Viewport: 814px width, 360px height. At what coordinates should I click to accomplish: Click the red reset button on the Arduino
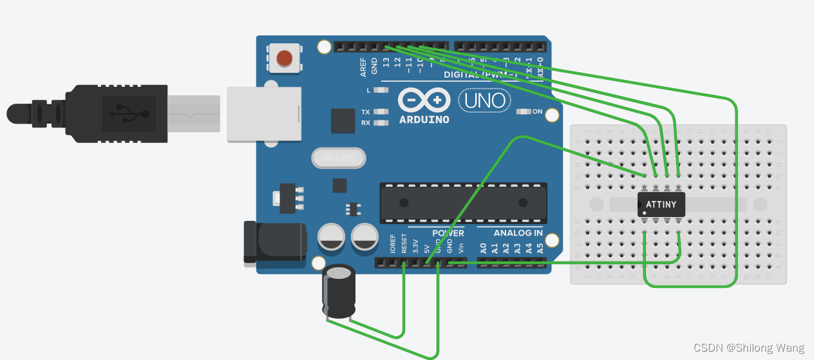pyautogui.click(x=283, y=59)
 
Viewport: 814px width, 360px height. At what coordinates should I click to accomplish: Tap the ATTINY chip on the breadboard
pyautogui.click(x=661, y=204)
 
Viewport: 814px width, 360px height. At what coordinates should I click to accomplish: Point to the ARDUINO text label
pyautogui.click(x=424, y=119)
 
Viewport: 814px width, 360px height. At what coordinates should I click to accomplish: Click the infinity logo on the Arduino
pyautogui.click(x=423, y=100)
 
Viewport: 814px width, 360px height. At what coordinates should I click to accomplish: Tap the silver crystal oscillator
pyautogui.click(x=337, y=158)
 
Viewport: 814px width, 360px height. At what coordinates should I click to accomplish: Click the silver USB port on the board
pyautogui.click(x=264, y=114)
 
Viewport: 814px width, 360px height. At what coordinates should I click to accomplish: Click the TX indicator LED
pyautogui.click(x=382, y=111)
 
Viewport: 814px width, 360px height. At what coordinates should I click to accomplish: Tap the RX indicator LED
pyautogui.click(x=382, y=122)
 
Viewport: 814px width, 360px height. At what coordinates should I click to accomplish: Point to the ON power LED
pyautogui.click(x=523, y=111)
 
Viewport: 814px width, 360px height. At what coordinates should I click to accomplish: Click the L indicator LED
pyautogui.click(x=382, y=90)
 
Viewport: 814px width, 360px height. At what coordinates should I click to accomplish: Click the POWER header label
pyautogui.click(x=448, y=233)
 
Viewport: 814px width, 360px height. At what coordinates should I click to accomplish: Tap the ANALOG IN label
pyautogui.click(x=518, y=233)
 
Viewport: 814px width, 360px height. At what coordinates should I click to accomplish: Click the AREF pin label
pyautogui.click(x=364, y=64)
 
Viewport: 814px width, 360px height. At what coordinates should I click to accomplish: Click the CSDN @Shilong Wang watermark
pyautogui.click(x=749, y=348)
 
